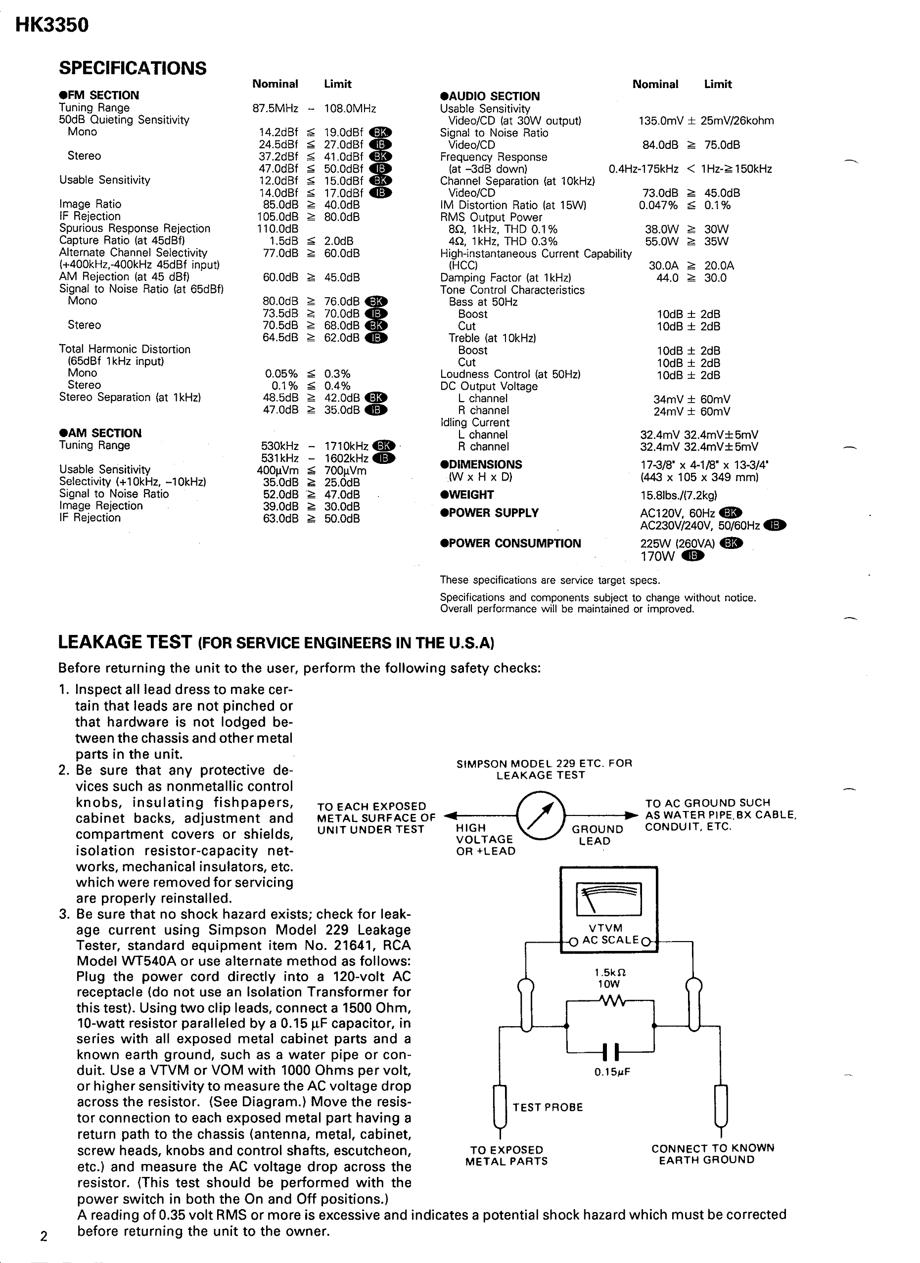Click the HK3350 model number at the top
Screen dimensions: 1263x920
point(52,25)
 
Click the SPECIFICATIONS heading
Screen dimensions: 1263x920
point(133,69)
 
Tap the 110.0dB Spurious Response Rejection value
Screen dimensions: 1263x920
point(277,229)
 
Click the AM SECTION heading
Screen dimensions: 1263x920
point(100,433)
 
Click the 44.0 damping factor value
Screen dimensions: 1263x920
point(667,278)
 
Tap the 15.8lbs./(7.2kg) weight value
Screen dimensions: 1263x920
point(678,495)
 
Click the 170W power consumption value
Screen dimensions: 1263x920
point(657,556)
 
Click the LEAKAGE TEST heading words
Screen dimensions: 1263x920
point(125,642)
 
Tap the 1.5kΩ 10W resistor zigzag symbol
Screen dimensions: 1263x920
point(610,1001)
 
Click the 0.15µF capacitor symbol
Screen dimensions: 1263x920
point(610,1052)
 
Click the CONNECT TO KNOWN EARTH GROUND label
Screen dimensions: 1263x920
point(712,1153)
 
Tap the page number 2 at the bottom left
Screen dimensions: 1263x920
point(44,1237)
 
